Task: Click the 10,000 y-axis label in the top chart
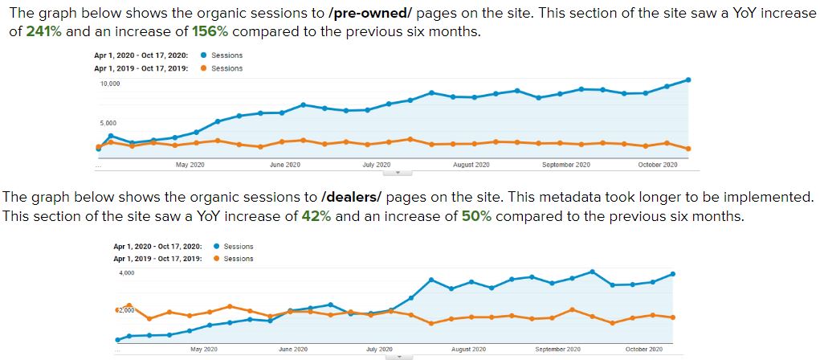point(110,84)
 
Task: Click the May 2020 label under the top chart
point(190,165)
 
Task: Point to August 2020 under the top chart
point(471,165)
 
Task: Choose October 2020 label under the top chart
point(658,165)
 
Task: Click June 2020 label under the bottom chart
point(293,350)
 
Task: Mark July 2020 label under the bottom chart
point(379,350)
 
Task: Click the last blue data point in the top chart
point(688,80)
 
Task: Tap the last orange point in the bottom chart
point(672,317)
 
